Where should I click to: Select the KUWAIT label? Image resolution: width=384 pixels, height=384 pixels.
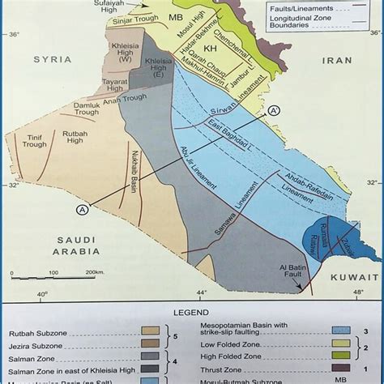click(334, 277)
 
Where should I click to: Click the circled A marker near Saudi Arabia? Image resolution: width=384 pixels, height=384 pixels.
click(81, 210)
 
